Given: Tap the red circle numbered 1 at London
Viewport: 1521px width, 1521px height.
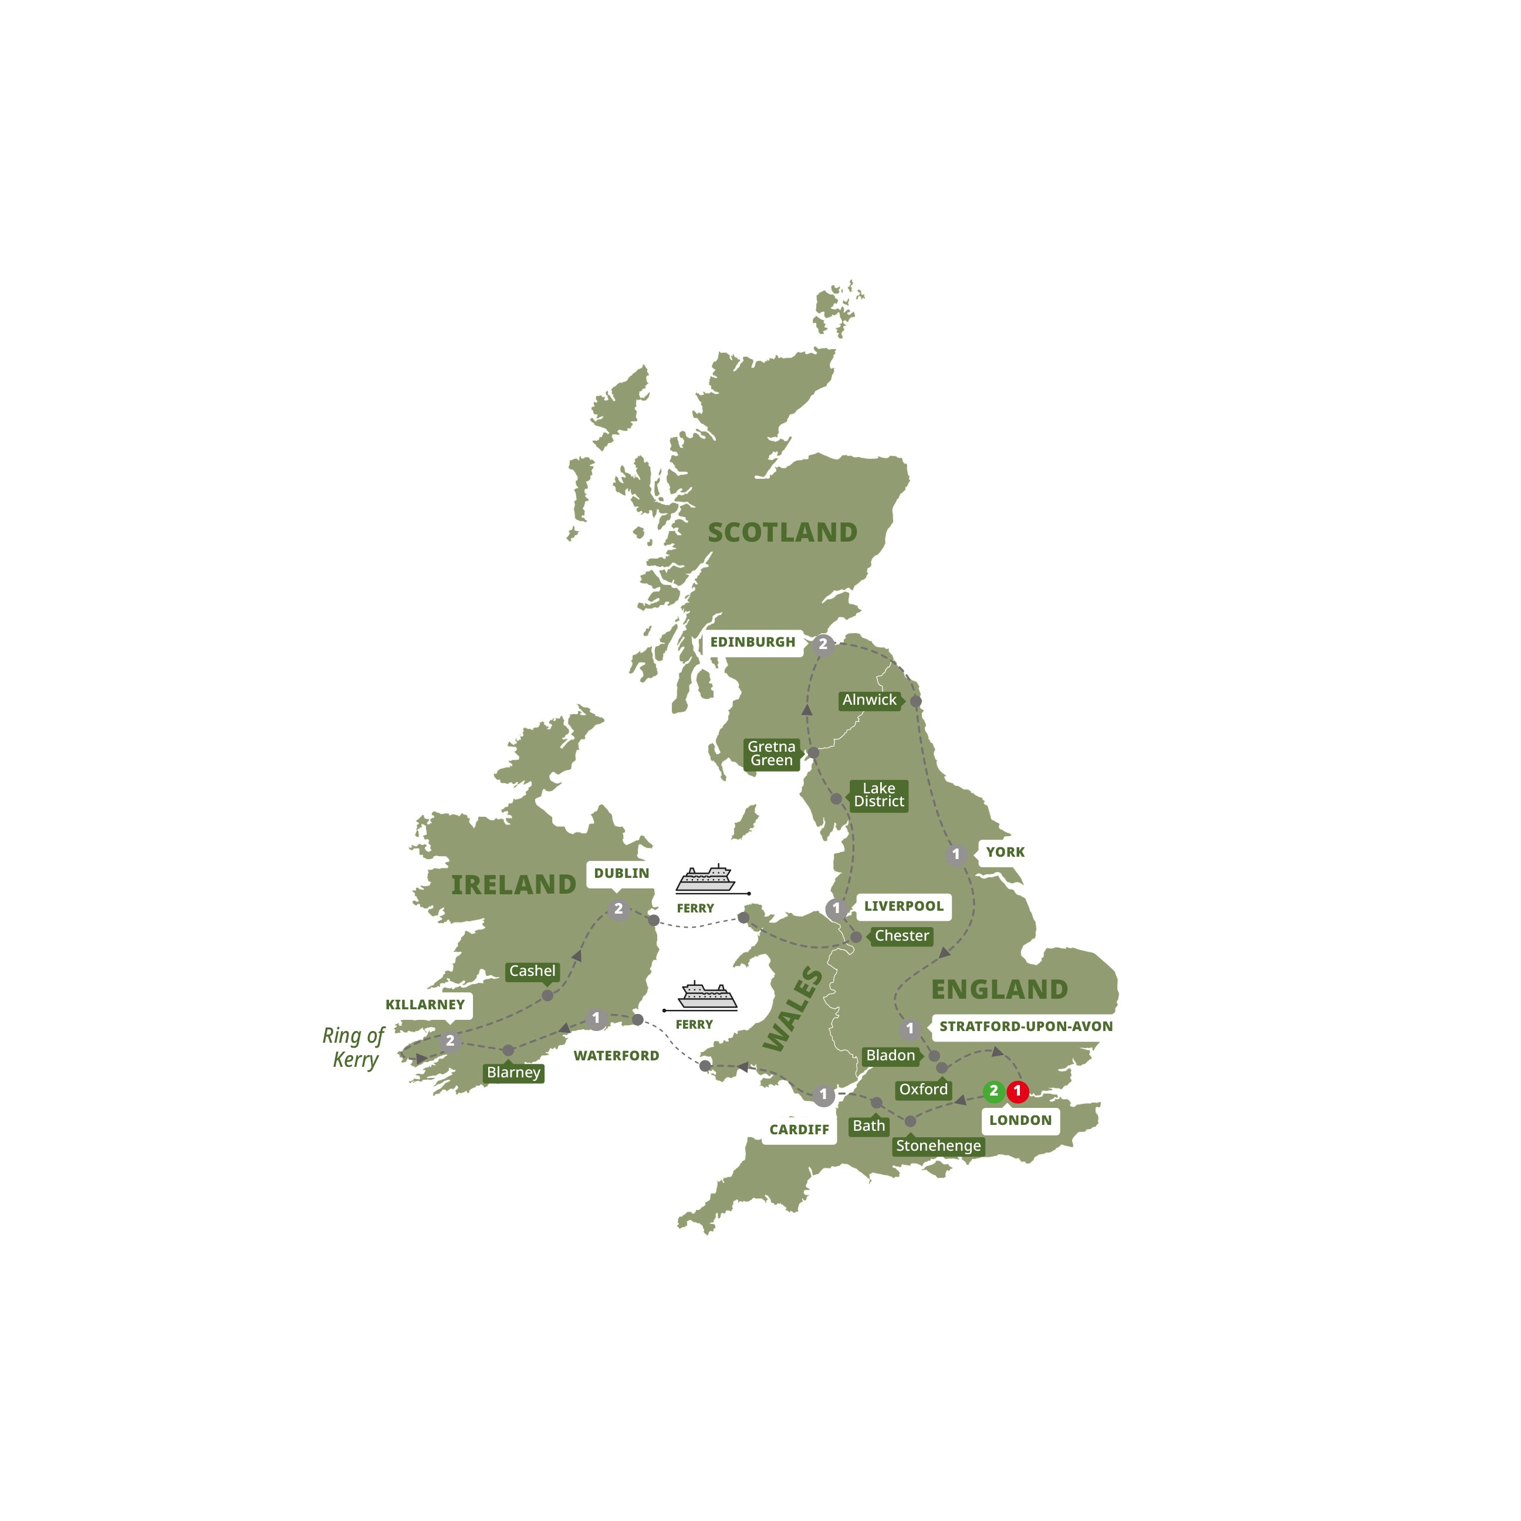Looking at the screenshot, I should point(1017,1091).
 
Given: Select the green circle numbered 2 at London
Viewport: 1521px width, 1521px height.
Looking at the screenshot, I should point(993,1091).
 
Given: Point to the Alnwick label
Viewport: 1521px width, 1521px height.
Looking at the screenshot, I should point(869,700).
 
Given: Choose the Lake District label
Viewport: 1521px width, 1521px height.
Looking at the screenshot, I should point(878,795).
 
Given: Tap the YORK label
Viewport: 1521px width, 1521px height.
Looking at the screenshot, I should point(1005,852).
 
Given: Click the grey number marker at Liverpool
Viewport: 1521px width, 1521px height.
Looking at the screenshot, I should point(836,908).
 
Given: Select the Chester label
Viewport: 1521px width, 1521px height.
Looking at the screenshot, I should point(901,936).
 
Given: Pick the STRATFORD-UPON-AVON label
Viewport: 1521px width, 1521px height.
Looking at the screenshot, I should point(1025,1026).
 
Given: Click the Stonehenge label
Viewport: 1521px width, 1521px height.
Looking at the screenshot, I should point(938,1146).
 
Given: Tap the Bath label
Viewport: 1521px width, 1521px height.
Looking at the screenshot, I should point(868,1127).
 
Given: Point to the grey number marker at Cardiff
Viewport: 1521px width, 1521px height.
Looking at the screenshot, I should point(823,1094).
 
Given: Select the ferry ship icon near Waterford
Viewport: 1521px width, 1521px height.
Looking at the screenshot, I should point(707,996).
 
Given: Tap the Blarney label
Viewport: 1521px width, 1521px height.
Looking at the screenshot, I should point(513,1073).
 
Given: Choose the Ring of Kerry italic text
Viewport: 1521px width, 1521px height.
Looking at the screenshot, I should point(353,1048).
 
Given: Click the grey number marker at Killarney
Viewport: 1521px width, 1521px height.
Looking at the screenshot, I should point(450,1041).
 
